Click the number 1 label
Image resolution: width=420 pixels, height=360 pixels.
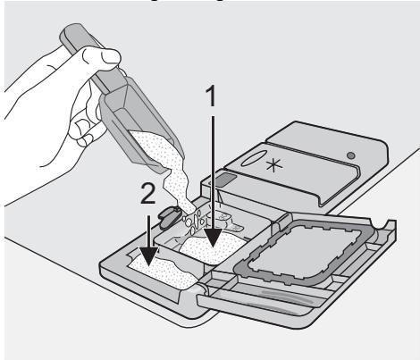(211, 97)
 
